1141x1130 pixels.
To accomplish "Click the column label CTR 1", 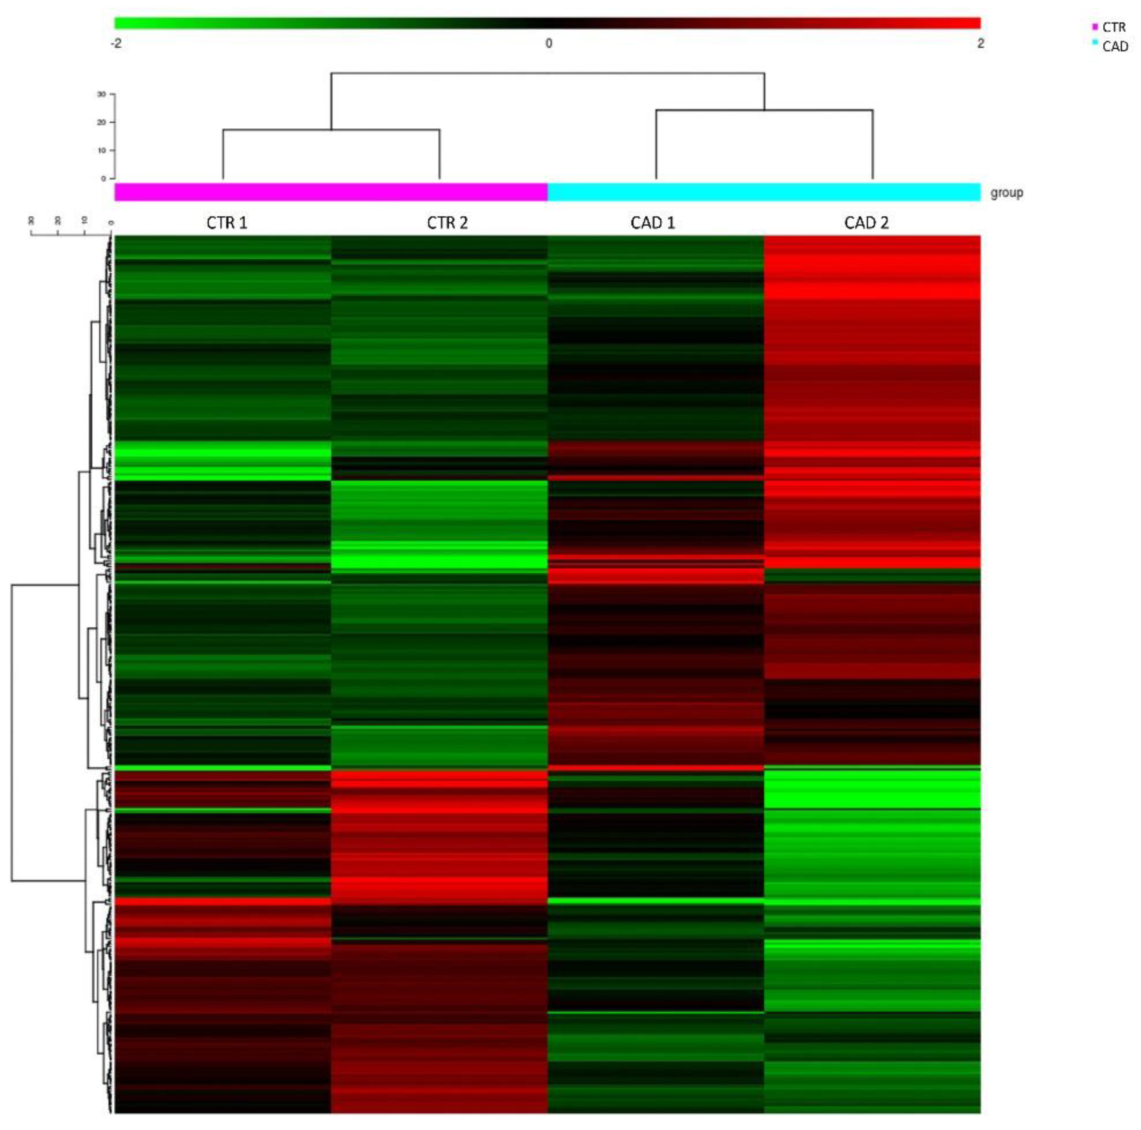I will pos(227,223).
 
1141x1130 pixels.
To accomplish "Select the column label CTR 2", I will pos(447,223).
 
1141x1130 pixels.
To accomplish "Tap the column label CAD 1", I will pos(653,223).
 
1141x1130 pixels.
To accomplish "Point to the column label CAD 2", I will pos(866,223).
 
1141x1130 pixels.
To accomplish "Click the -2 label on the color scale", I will pos(116,43).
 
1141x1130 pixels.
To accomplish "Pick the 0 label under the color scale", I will pos(548,43).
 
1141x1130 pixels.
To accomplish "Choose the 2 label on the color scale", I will pos(980,43).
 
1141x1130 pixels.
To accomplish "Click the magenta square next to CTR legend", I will pos(1095,27).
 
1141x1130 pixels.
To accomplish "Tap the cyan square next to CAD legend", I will pos(1095,42).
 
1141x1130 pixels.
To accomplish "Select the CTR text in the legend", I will pos(1114,27).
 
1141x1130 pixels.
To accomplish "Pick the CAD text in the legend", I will pos(1115,46).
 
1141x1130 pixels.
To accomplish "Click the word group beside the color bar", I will pos(1006,193).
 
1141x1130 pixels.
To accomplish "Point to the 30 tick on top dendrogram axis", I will pos(102,94).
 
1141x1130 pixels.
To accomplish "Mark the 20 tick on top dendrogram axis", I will pos(102,122).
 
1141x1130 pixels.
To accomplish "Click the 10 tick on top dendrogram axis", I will pos(102,150).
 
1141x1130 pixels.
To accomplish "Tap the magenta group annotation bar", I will pos(331,192).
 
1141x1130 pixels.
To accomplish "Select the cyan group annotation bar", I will pos(764,192).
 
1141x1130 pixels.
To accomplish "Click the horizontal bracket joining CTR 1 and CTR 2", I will pos(331,130).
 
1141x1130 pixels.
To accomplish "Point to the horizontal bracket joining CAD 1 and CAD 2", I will pos(764,110).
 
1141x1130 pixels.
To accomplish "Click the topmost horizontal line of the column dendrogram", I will pos(548,73).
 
